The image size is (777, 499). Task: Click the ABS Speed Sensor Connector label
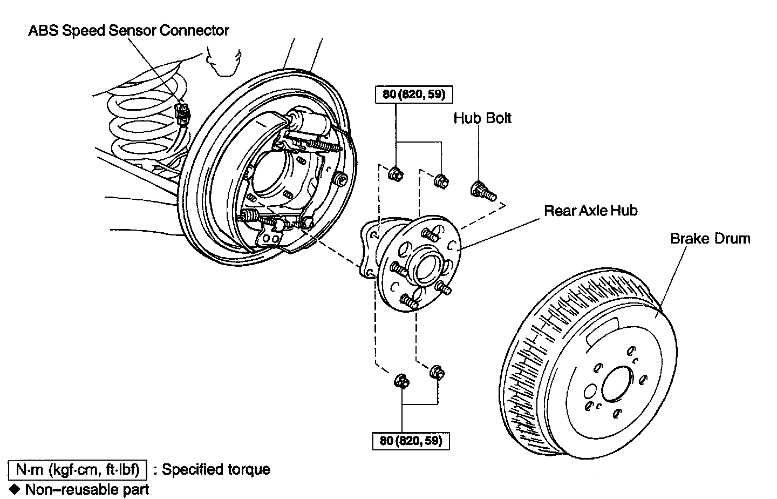[128, 30]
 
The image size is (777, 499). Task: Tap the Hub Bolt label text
[482, 118]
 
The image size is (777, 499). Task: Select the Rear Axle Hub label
[590, 210]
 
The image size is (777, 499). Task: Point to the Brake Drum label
[710, 238]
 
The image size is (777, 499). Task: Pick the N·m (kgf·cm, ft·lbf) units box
[77, 469]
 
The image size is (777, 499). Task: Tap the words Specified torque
[216, 469]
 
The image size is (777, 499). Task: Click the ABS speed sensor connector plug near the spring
[183, 113]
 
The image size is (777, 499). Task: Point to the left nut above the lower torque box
[401, 381]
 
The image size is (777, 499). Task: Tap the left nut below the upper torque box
[395, 173]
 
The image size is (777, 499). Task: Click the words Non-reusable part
[87, 490]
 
